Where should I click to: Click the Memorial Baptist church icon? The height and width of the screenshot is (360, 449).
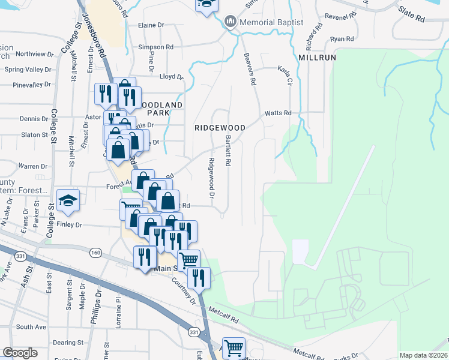tap(230, 23)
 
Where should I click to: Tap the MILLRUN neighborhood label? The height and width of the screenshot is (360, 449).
tap(316, 57)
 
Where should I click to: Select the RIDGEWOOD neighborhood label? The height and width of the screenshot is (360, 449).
tap(220, 128)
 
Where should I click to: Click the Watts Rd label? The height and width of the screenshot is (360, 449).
tap(279, 113)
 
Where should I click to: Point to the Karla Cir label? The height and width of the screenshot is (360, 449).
tap(284, 76)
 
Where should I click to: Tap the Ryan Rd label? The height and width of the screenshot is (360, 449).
tap(342, 39)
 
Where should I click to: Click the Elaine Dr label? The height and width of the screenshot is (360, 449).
tap(151, 25)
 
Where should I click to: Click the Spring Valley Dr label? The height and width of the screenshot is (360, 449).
tap(28, 70)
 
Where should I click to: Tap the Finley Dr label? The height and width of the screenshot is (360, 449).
tap(68, 224)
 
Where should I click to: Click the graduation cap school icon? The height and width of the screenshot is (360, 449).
tap(68, 200)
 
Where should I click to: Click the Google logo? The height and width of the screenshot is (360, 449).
tap(20, 353)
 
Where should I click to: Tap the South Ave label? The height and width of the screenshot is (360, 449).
tap(31, 327)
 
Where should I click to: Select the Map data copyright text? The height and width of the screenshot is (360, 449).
tap(423, 355)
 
